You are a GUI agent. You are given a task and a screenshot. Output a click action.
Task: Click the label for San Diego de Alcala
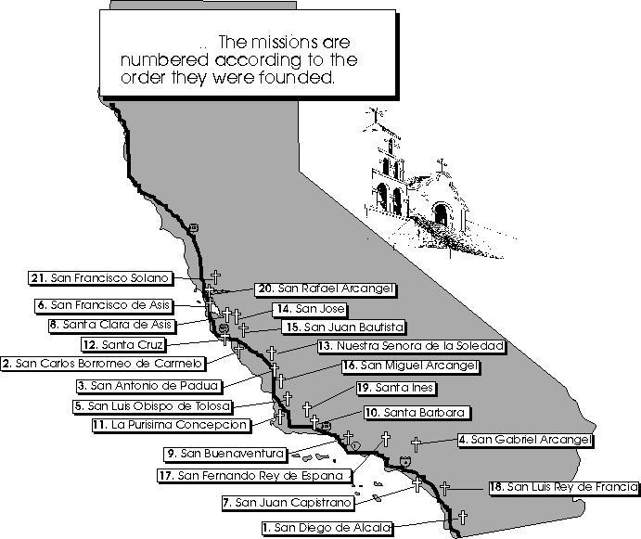(x=327, y=528)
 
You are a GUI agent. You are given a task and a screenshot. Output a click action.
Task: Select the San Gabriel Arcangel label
(x=525, y=440)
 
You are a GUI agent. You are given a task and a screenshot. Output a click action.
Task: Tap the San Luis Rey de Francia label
(x=564, y=487)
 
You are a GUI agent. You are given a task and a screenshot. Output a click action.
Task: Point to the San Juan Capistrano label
(x=288, y=502)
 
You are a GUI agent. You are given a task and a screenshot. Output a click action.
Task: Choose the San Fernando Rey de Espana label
(x=254, y=476)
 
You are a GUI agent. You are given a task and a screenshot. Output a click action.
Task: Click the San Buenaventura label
(x=225, y=454)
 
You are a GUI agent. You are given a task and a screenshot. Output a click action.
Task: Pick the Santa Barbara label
(x=417, y=413)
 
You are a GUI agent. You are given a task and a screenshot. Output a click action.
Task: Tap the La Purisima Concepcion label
(x=171, y=425)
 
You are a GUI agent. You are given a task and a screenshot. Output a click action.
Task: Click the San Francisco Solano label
(x=100, y=278)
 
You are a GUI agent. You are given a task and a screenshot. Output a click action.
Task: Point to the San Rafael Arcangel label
(x=326, y=289)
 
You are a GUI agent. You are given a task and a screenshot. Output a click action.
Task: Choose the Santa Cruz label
(x=124, y=345)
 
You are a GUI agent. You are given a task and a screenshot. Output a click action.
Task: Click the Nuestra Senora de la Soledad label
(x=412, y=346)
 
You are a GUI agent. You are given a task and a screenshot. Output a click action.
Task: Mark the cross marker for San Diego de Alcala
(x=462, y=518)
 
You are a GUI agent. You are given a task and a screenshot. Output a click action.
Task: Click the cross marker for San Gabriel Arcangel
(x=416, y=444)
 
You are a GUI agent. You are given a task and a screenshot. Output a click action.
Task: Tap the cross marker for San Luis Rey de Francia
(x=444, y=489)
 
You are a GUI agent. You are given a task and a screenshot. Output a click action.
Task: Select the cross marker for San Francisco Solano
(x=215, y=276)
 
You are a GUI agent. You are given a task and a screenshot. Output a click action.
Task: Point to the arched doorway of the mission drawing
(x=441, y=214)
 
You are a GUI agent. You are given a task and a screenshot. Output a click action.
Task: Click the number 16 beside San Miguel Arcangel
(x=351, y=366)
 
